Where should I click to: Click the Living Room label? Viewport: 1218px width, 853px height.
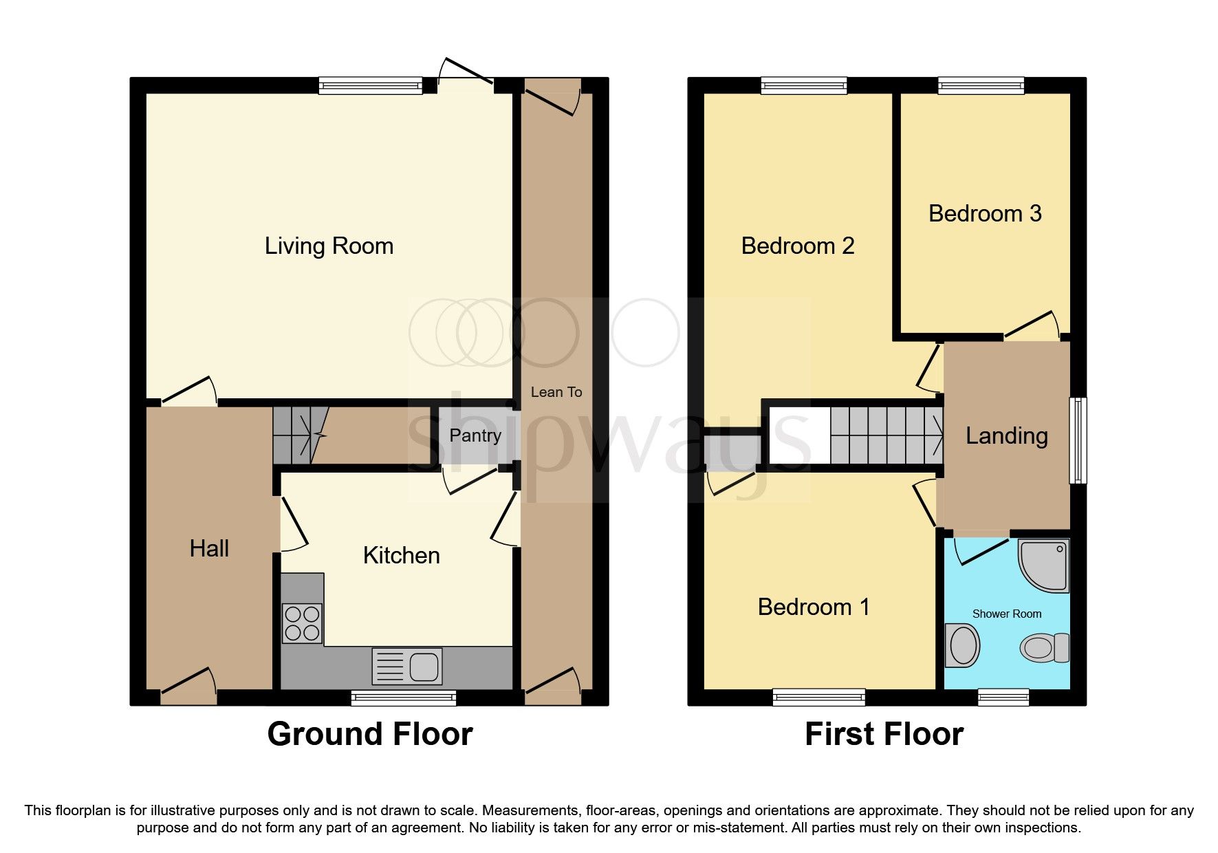pos(329,246)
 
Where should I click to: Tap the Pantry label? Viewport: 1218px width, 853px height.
pos(475,435)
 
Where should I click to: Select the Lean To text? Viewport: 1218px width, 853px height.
pos(556,392)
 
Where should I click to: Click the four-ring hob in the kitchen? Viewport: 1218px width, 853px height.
pos(302,623)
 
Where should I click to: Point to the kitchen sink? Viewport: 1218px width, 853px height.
pos(407,666)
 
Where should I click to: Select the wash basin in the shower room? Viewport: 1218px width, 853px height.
pos(962,645)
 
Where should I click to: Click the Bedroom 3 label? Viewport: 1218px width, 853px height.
pos(984,214)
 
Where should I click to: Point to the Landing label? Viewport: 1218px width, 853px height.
pos(1006,435)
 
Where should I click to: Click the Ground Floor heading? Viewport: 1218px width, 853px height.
pos(370,734)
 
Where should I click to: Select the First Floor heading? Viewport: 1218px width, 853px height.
pos(884,734)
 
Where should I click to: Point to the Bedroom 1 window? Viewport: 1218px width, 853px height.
pos(818,698)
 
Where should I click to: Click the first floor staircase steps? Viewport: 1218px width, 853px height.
pos(886,435)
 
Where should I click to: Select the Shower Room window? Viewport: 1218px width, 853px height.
pos(1003,698)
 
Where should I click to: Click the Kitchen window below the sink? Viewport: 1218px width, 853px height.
pos(404,698)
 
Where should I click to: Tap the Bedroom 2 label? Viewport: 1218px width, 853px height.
pos(797,246)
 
